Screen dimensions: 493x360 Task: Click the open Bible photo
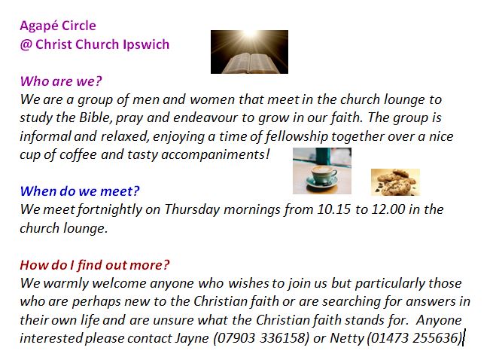249,52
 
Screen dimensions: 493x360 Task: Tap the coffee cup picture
322,171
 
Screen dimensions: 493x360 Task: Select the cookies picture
395,182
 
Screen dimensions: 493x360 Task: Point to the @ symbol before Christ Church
26,44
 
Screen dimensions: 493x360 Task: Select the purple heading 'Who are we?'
61,81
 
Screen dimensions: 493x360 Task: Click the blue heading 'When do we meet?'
80,191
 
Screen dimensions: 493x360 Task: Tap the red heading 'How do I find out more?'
95,265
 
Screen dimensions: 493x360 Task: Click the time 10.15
333,209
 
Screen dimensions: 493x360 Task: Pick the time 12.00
388,209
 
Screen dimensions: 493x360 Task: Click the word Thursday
192,210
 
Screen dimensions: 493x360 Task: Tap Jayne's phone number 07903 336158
260,338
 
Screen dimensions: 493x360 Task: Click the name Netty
347,339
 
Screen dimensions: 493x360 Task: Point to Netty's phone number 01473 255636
414,338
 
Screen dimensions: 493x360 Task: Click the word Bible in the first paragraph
93,117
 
